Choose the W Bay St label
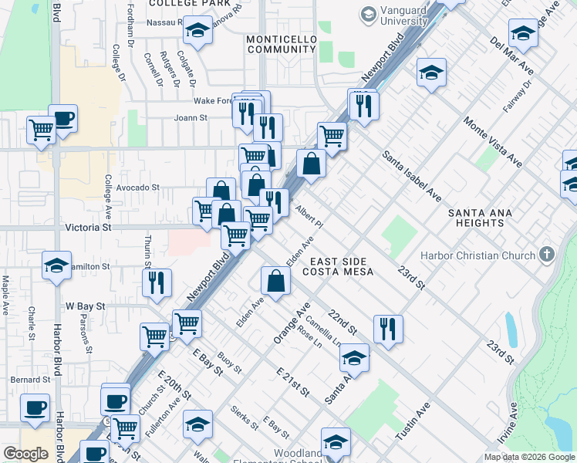point(84,306)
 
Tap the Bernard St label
point(30,380)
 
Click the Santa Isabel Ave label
point(412,177)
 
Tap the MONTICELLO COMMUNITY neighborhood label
point(282,43)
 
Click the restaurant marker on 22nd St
point(388,327)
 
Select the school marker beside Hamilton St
point(56,265)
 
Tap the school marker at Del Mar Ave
point(523,33)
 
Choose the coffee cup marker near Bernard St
point(35,407)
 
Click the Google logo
point(25,454)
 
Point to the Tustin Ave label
point(412,424)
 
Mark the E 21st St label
point(293,382)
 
